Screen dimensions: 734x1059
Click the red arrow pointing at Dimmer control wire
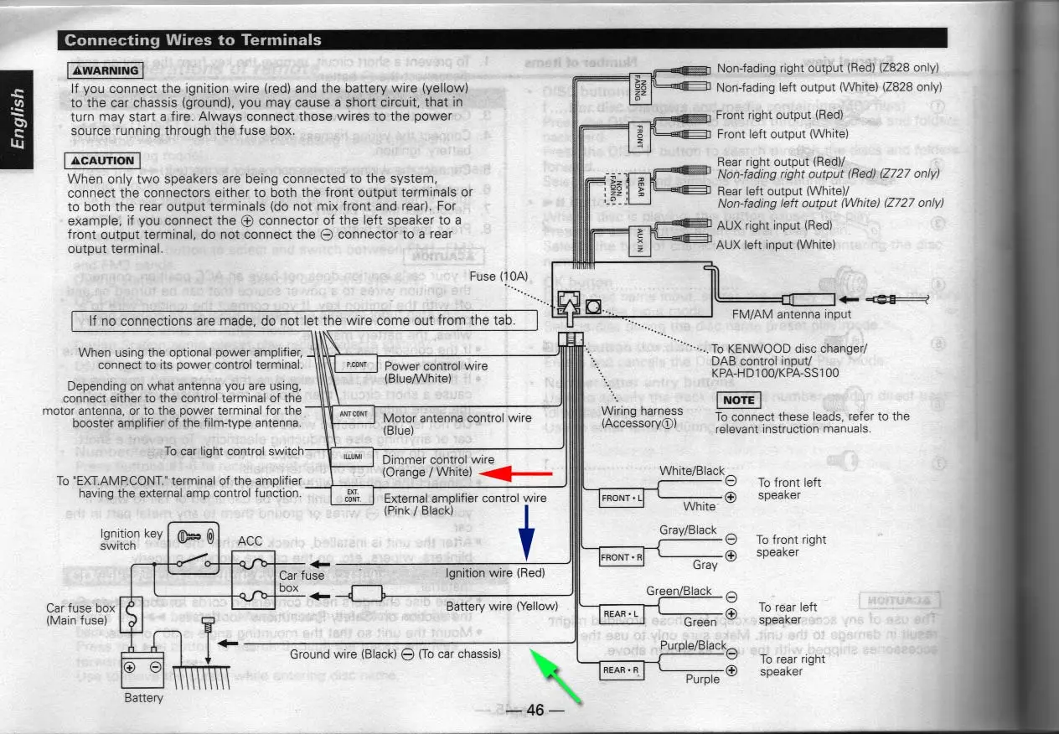point(516,475)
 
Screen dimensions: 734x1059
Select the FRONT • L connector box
point(622,499)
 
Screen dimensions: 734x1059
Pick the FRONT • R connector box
point(622,557)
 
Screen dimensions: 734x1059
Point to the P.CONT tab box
point(355,364)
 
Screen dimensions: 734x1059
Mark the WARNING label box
point(104,71)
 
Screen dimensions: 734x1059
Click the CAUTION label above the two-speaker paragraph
point(101,161)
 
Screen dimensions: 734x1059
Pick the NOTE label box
point(738,401)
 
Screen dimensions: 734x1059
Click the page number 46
point(535,711)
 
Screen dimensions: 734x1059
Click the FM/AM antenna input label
point(791,314)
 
